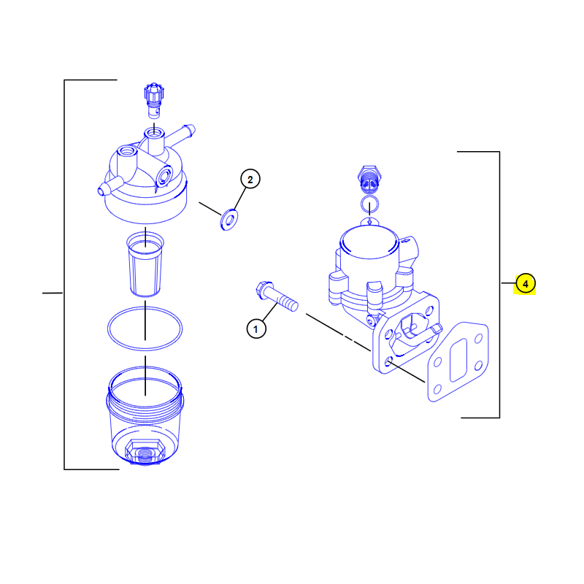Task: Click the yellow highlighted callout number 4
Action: click(x=525, y=284)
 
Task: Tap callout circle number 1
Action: click(x=256, y=329)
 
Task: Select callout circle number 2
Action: click(x=250, y=179)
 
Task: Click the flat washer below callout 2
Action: click(x=229, y=220)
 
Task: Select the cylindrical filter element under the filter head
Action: click(x=145, y=264)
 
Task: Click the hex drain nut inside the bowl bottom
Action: click(x=145, y=451)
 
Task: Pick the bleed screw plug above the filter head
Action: click(x=154, y=101)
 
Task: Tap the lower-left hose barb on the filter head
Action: click(x=109, y=185)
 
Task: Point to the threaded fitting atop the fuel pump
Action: click(x=369, y=180)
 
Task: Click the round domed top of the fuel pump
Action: click(x=369, y=242)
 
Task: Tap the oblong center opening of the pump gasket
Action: click(x=458, y=360)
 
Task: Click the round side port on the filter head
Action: click(x=164, y=176)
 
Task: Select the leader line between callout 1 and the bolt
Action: click(x=270, y=312)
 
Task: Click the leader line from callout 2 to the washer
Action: click(x=240, y=199)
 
